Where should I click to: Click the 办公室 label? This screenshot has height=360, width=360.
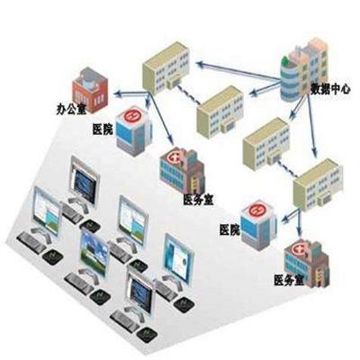coord(72,110)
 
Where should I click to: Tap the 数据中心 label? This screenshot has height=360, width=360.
coord(330,89)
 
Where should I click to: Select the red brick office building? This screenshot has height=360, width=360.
coord(90,91)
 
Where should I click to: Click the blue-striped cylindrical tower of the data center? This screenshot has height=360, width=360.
coord(290,79)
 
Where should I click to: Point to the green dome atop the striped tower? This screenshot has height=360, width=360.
coord(285,62)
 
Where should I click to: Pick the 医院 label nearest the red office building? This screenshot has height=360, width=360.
coord(103,130)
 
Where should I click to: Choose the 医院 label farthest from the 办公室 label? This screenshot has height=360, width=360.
coord(229,230)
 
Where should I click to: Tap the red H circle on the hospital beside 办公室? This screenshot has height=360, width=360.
coord(131,116)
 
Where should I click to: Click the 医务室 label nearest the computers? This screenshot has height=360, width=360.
coord(198,199)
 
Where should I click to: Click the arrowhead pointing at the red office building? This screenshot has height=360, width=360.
coord(117,94)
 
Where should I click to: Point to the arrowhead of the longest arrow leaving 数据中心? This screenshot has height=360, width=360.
coord(200,64)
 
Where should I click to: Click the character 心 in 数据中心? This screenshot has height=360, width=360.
coord(345,89)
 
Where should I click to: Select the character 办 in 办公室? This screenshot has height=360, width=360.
coord(61,110)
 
